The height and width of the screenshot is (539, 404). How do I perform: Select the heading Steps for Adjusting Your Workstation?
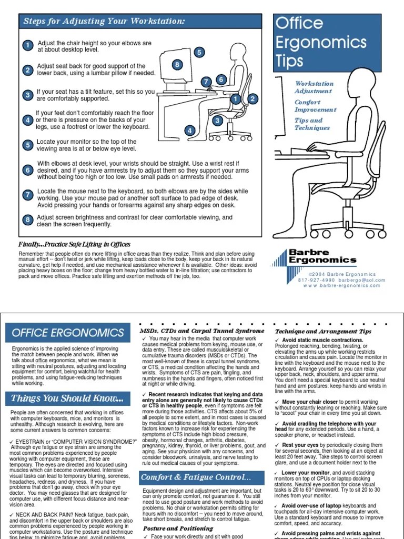tap(104, 22)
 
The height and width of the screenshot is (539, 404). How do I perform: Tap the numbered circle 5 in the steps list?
tap(27, 145)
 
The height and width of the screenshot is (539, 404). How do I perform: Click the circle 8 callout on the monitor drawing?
tap(178, 65)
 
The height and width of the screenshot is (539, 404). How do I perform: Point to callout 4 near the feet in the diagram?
tap(189, 131)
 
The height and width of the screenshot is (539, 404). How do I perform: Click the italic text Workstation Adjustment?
tap(314, 87)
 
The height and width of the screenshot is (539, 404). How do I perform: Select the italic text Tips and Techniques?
tap(312, 124)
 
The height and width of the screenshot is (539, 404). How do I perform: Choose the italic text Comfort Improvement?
tap(315, 106)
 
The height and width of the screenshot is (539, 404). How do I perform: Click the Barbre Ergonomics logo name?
tap(322, 256)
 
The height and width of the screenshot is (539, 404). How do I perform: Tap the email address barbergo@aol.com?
tap(362, 280)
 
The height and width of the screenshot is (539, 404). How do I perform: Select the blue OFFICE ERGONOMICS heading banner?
tap(68, 333)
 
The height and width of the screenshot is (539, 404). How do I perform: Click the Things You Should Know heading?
tap(68, 398)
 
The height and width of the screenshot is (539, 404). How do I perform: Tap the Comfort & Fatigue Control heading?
tap(196, 478)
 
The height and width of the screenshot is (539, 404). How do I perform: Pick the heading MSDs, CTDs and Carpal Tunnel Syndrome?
tap(194, 330)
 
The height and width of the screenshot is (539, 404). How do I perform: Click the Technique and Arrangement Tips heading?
tap(323, 331)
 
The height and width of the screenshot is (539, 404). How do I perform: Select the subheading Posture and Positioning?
tap(171, 528)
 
